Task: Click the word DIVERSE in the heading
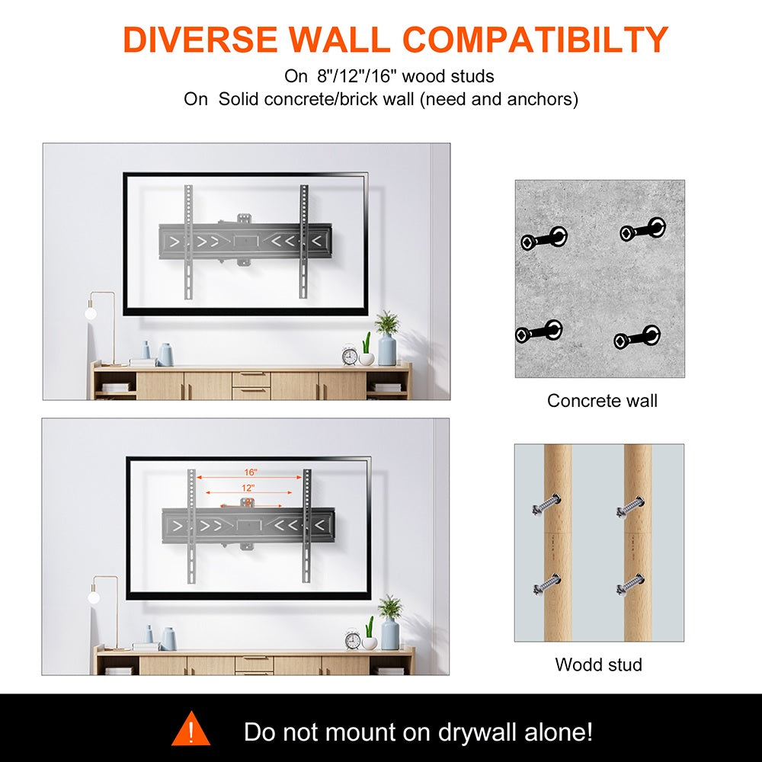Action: (x=200, y=39)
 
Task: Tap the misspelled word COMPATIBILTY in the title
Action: (x=536, y=39)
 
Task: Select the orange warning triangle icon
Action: (x=190, y=728)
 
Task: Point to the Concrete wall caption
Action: (x=602, y=401)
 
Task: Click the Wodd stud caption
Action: (x=598, y=664)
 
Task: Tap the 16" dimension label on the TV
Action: (x=250, y=472)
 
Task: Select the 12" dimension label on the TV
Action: (x=248, y=488)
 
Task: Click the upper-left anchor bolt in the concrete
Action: (x=544, y=238)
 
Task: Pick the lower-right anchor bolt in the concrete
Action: (x=636, y=337)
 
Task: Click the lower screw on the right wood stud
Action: (x=630, y=584)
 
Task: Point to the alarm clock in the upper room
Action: (x=350, y=355)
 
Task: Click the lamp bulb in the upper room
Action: (x=91, y=313)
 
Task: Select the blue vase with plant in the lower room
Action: (x=389, y=623)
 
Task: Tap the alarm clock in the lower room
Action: (x=353, y=639)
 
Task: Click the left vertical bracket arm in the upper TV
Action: (x=188, y=242)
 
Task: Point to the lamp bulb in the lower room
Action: (x=94, y=597)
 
